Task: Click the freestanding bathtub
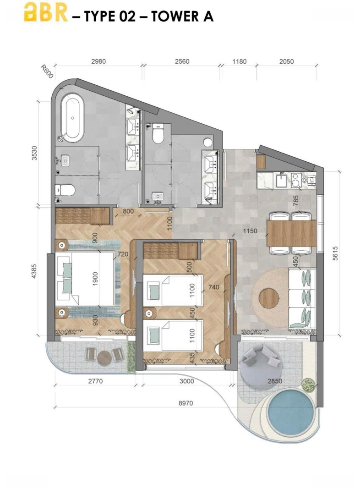coord(72,118)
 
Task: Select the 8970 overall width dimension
coord(185,403)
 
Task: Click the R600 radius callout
coord(47,72)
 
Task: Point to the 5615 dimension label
coord(335,253)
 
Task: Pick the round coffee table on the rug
coord(269,298)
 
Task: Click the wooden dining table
coord(291,233)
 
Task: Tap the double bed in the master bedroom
coord(85,279)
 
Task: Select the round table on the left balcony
coord(104,358)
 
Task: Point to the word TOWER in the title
coord(169,16)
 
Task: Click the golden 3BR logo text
coord(46,13)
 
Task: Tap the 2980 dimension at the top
coord(98,61)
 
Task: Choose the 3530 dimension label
coord(34,153)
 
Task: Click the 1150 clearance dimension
coord(250,231)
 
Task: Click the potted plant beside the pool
coord(308,385)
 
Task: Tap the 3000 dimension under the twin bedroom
coord(187,381)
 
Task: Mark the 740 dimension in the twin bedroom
coord(213,287)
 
